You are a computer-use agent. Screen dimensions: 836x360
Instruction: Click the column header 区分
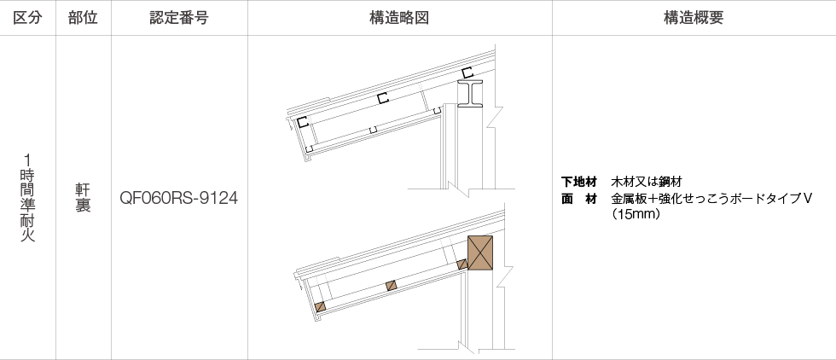click(x=27, y=18)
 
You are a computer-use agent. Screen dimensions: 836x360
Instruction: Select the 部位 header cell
click(x=84, y=18)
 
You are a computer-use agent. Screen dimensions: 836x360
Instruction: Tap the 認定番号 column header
click(x=179, y=18)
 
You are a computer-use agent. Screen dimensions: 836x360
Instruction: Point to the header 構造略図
click(x=399, y=18)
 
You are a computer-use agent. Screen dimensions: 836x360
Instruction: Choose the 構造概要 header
click(x=694, y=18)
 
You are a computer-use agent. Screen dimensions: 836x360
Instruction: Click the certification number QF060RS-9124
click(x=178, y=199)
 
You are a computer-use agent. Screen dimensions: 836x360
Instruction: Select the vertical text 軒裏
click(x=84, y=198)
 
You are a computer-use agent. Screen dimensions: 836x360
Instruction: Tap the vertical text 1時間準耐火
click(x=27, y=198)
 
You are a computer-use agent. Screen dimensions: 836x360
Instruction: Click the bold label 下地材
click(x=579, y=183)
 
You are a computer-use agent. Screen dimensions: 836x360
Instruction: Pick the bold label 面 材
click(x=579, y=199)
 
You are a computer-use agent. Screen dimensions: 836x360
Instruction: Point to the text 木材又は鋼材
click(x=647, y=183)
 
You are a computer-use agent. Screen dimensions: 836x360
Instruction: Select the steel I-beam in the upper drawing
click(x=470, y=94)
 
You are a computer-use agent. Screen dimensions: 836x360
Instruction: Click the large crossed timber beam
click(x=479, y=253)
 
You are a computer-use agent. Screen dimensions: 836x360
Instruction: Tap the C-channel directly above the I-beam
click(x=467, y=73)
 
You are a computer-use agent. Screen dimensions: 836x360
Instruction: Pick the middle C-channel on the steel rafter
click(x=382, y=98)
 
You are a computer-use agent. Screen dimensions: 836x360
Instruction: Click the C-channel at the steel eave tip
click(x=303, y=122)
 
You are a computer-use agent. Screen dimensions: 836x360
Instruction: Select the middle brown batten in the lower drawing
click(x=392, y=285)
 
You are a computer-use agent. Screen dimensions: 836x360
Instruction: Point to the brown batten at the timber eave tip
click(x=320, y=306)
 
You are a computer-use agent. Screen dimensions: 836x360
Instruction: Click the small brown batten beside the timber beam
click(x=462, y=264)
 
